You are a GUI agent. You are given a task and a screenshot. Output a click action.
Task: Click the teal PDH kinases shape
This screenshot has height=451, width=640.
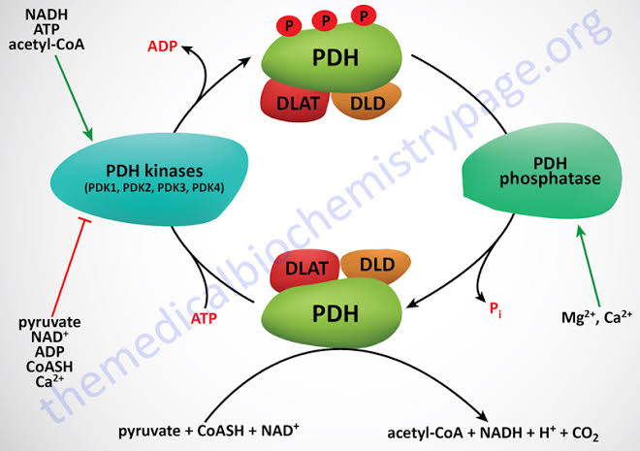click(149, 179)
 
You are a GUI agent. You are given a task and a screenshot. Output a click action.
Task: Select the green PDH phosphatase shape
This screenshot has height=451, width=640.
click(543, 171)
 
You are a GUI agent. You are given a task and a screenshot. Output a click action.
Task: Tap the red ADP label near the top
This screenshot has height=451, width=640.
click(163, 47)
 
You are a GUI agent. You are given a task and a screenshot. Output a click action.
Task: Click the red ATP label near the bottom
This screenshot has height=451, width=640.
click(204, 318)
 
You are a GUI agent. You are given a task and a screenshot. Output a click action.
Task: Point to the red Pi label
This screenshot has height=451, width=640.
click(496, 309)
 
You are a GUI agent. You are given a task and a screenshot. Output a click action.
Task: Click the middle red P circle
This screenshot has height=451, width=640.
click(325, 20)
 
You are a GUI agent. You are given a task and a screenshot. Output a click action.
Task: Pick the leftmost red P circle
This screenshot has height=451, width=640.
click(289, 26)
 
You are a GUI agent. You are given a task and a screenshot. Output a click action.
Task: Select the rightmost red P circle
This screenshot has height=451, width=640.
click(364, 16)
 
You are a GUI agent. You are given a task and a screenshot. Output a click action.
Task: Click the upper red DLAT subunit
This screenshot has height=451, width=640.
click(295, 101)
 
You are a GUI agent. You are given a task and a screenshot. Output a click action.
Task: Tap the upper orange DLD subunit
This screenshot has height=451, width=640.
click(368, 102)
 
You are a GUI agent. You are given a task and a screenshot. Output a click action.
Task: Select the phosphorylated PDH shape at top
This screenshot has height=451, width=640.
click(332, 57)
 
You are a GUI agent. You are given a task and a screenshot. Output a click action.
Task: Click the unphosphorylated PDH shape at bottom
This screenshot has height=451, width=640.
click(332, 313)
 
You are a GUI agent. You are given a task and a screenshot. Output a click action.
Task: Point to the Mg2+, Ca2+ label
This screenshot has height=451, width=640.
click(596, 317)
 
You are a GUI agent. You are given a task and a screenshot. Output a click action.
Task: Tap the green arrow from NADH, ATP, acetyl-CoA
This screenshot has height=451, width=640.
click(74, 98)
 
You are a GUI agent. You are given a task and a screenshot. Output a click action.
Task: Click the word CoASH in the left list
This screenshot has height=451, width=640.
click(49, 367)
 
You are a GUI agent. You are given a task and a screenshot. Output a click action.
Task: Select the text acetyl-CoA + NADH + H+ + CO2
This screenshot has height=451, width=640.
click(493, 434)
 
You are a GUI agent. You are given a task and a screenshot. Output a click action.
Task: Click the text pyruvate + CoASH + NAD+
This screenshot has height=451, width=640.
click(208, 431)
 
